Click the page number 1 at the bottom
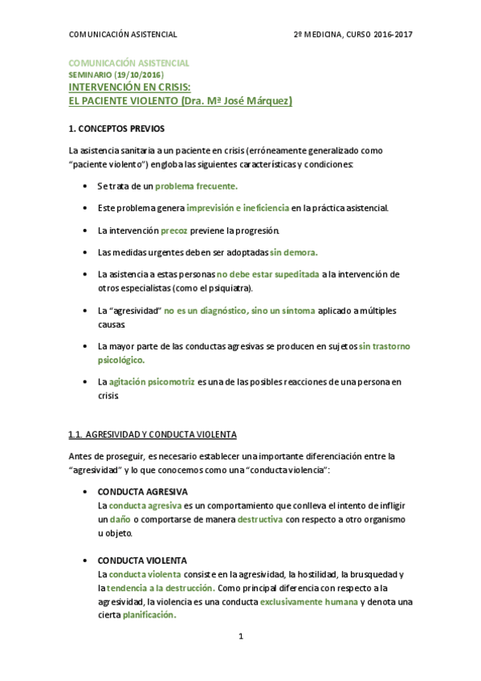pyautogui.click(x=240, y=637)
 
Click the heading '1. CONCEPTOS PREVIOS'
pyautogui.click(x=116, y=128)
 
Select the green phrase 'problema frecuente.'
pyautogui.click(x=196, y=186)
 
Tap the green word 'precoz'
pyautogui.click(x=174, y=230)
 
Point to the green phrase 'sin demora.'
pyautogui.click(x=294, y=251)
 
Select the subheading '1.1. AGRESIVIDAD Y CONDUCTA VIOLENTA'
pyautogui.click(x=153, y=434)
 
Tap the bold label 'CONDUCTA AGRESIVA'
pyautogui.click(x=142, y=491)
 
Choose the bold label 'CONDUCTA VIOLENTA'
pyautogui.click(x=141, y=560)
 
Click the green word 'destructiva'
pyautogui.click(x=260, y=519)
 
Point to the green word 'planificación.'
pyautogui.click(x=149, y=615)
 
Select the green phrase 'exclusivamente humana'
pyautogui.click(x=308, y=601)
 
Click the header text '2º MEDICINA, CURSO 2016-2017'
pyautogui.click(x=353, y=35)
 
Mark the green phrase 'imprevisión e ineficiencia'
pyautogui.click(x=238, y=208)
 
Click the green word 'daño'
pyautogui.click(x=120, y=519)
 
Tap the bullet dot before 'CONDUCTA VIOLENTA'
pyautogui.click(x=86, y=560)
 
